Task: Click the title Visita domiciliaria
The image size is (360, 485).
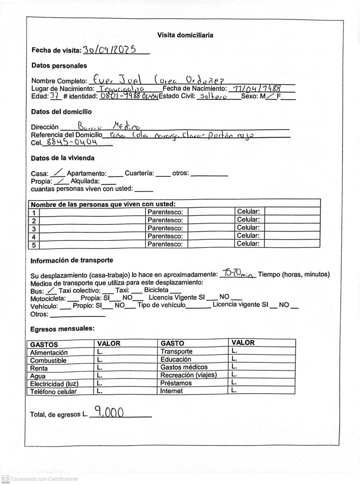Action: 185,35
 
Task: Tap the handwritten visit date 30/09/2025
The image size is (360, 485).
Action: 110,50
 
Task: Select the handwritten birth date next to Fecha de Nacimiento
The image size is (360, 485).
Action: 255,89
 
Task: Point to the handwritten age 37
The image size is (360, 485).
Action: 55,96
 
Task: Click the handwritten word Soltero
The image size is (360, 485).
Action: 213,96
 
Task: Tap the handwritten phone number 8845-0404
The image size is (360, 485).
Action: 72,142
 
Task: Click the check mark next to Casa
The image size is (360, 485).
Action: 58,173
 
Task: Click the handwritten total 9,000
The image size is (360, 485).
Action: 109,412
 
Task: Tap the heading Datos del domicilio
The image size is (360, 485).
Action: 61,112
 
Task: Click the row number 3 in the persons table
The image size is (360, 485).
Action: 34,229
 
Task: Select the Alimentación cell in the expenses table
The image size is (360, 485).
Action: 49,353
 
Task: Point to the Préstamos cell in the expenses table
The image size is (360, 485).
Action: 176,383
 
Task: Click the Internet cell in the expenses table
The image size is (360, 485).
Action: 171,391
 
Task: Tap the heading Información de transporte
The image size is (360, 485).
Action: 72,260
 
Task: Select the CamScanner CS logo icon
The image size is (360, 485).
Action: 6,479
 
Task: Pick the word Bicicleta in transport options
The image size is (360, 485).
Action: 156,290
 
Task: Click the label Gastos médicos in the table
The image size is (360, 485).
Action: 184,367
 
